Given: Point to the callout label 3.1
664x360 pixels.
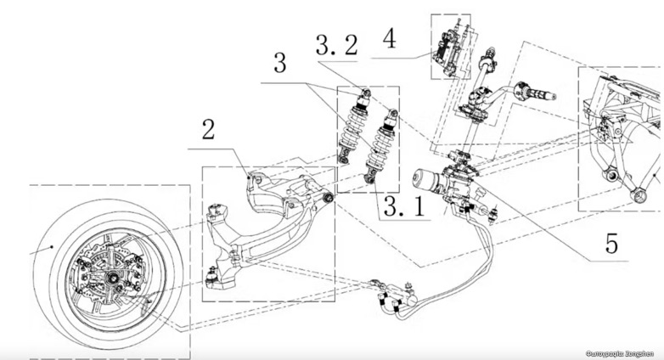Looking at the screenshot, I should tap(402, 205).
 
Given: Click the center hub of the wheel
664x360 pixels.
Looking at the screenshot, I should tap(110, 277).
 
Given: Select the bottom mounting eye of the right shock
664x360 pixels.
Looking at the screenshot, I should tap(371, 177).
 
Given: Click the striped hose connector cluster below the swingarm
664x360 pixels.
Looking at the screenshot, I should tap(391, 299).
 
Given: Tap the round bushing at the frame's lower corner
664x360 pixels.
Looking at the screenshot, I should tap(609, 176).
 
